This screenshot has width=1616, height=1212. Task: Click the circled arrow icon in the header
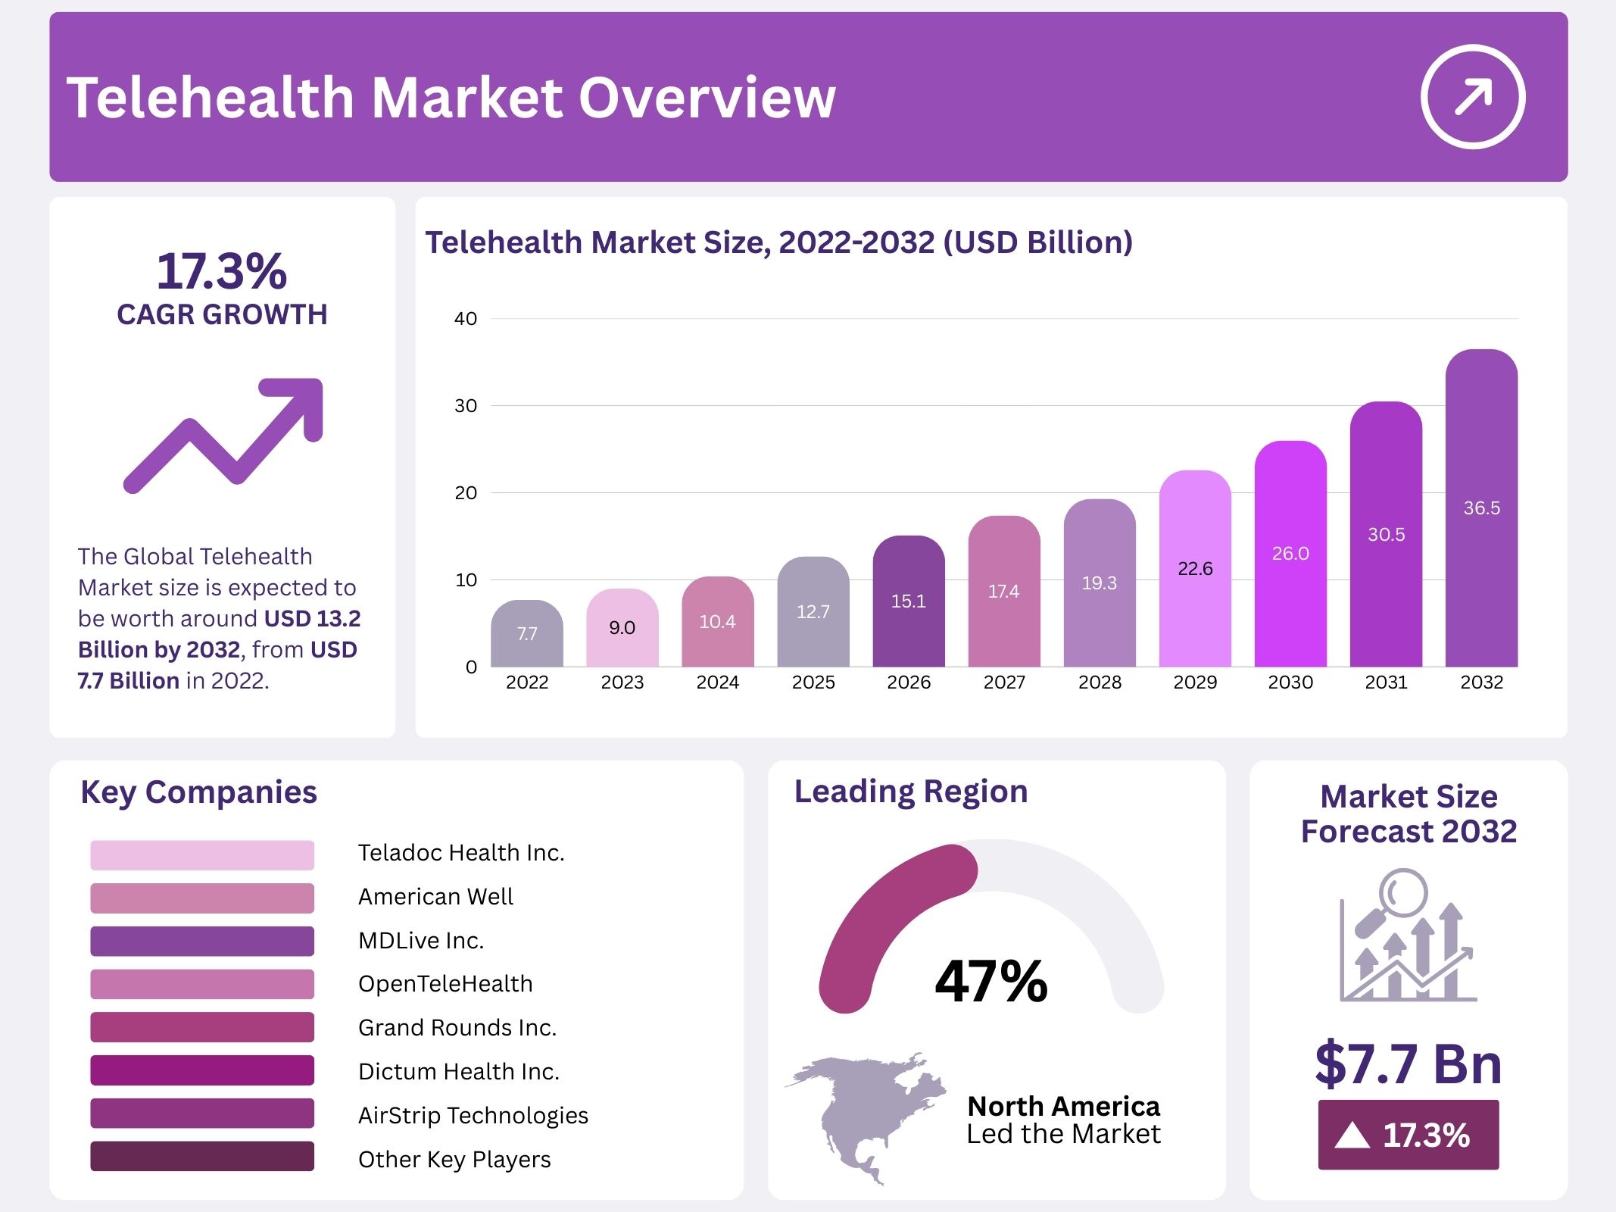(1472, 97)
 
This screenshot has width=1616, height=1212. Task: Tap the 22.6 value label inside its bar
(1195, 568)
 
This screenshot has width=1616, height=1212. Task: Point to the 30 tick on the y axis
(466, 406)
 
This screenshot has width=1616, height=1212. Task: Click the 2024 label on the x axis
(717, 683)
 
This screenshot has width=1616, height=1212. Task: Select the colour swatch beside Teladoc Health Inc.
(202, 855)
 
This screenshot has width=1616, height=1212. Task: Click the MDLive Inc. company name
(421, 940)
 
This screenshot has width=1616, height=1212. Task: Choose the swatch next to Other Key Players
(202, 1156)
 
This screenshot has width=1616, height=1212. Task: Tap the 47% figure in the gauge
(991, 981)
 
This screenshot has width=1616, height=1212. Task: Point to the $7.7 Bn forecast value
(1409, 1064)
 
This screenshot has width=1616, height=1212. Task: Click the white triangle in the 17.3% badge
(1352, 1135)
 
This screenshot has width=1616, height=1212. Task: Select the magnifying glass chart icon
(1407, 936)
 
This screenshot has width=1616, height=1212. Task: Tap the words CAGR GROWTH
(222, 314)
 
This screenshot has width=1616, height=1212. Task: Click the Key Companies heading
(198, 792)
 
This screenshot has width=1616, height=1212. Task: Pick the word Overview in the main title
(707, 98)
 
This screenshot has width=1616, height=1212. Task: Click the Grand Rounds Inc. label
(457, 1027)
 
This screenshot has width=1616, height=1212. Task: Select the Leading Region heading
(911, 792)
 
